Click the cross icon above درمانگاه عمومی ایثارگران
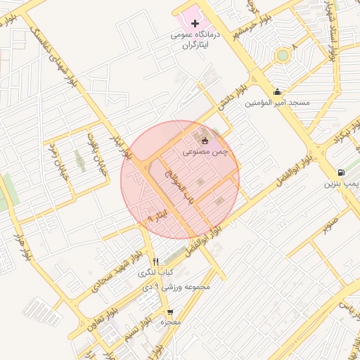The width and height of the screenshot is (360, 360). [195, 24]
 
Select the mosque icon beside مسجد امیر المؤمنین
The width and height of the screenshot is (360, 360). [278, 91]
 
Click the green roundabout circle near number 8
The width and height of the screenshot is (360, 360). [282, 55]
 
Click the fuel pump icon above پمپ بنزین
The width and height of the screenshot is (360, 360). [341, 172]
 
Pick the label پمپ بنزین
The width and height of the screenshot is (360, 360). [341, 184]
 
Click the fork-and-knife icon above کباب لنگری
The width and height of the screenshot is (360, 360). [156, 261]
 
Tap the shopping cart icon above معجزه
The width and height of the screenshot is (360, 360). [169, 311]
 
